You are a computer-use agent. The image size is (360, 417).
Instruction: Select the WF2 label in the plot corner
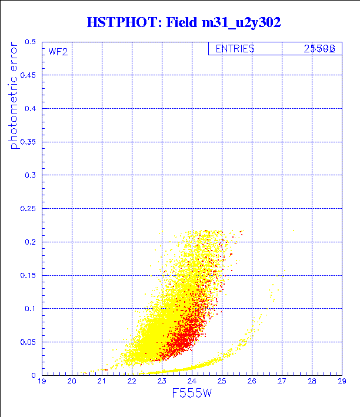point(58,52)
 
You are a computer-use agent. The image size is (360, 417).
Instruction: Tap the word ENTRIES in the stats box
point(235,49)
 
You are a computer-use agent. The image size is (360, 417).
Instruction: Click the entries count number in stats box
point(319,49)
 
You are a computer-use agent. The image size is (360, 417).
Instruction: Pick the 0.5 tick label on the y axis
point(31,42)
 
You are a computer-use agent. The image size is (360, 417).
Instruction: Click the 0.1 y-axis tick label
point(31,309)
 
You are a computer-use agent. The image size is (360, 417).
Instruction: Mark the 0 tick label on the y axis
point(35,375)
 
